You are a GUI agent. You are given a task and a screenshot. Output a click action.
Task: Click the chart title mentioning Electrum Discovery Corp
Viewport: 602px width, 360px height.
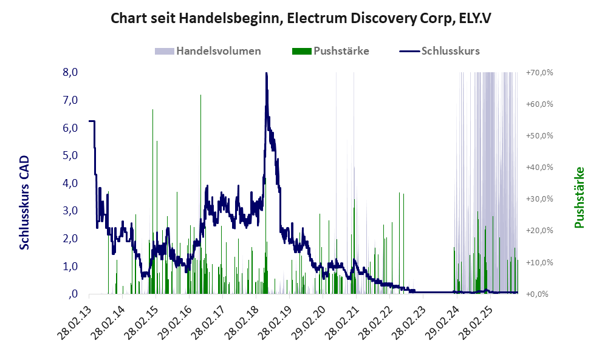tap(301, 19)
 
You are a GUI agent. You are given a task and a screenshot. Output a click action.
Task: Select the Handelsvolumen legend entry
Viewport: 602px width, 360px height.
tap(218, 51)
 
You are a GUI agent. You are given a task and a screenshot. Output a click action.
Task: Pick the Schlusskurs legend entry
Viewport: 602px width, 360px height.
tap(450, 51)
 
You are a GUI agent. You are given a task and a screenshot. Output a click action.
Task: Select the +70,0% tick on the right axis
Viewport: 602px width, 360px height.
tap(539, 73)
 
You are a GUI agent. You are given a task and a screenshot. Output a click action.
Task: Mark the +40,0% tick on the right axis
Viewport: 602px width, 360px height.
tap(539, 168)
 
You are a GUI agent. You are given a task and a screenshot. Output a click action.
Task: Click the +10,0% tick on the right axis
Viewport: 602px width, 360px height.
tap(539, 263)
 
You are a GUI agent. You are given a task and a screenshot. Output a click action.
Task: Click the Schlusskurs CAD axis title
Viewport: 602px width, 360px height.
tap(25, 202)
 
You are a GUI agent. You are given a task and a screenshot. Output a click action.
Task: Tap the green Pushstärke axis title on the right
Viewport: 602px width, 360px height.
tap(579, 198)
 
